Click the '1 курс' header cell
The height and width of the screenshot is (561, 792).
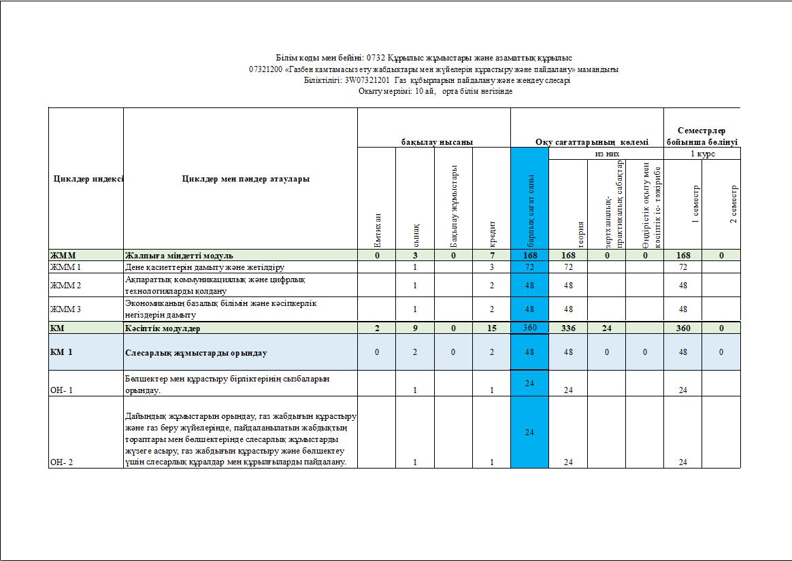[x=702, y=154]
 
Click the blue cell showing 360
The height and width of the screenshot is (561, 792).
[x=529, y=328]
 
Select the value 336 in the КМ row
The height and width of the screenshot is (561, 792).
[x=567, y=328]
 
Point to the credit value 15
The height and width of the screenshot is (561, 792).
[x=491, y=328]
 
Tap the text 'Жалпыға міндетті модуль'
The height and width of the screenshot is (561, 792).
[x=179, y=256]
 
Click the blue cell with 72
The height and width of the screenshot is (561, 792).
[x=529, y=267]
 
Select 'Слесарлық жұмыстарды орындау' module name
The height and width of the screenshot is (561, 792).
[x=196, y=353]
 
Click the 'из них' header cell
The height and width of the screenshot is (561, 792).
[x=606, y=154]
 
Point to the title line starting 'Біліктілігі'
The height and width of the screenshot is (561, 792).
[x=437, y=80]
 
